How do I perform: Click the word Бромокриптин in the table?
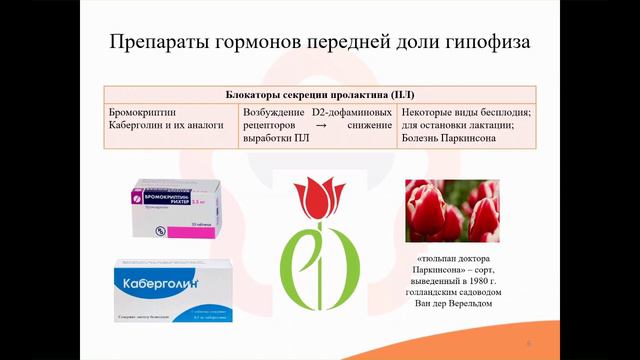coord(142,113)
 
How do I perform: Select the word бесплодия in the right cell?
coord(502,113)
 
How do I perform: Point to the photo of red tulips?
coord(453,211)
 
